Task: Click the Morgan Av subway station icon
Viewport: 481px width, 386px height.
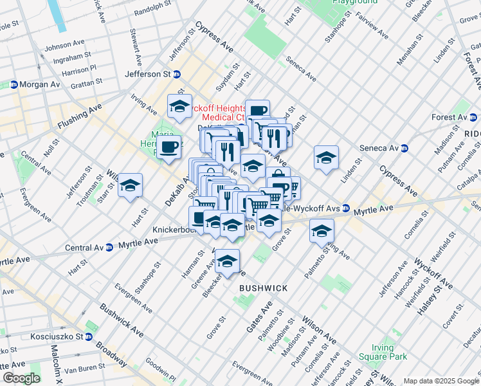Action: click(14, 85)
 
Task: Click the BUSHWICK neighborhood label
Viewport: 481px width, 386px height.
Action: click(263, 288)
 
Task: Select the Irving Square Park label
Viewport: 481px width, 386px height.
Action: click(390, 352)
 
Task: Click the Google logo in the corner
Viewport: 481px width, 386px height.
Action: click(21, 378)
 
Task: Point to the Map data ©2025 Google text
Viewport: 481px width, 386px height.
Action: click(440, 381)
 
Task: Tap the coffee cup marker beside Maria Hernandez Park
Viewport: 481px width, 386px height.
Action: click(170, 147)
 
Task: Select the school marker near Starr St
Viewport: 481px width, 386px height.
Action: click(131, 185)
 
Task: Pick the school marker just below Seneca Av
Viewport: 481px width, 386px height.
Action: click(326, 157)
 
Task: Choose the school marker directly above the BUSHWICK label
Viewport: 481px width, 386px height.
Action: click(226, 261)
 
